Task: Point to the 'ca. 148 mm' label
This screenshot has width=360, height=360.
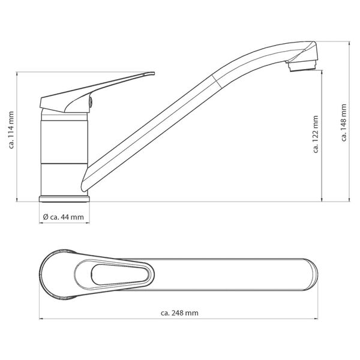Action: (344, 122)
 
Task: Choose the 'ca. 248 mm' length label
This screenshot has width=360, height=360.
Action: (180, 312)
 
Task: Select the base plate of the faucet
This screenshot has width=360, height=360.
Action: (65, 198)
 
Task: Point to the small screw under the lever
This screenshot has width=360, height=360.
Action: (91, 103)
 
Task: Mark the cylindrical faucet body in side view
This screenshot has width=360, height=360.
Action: (65, 153)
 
